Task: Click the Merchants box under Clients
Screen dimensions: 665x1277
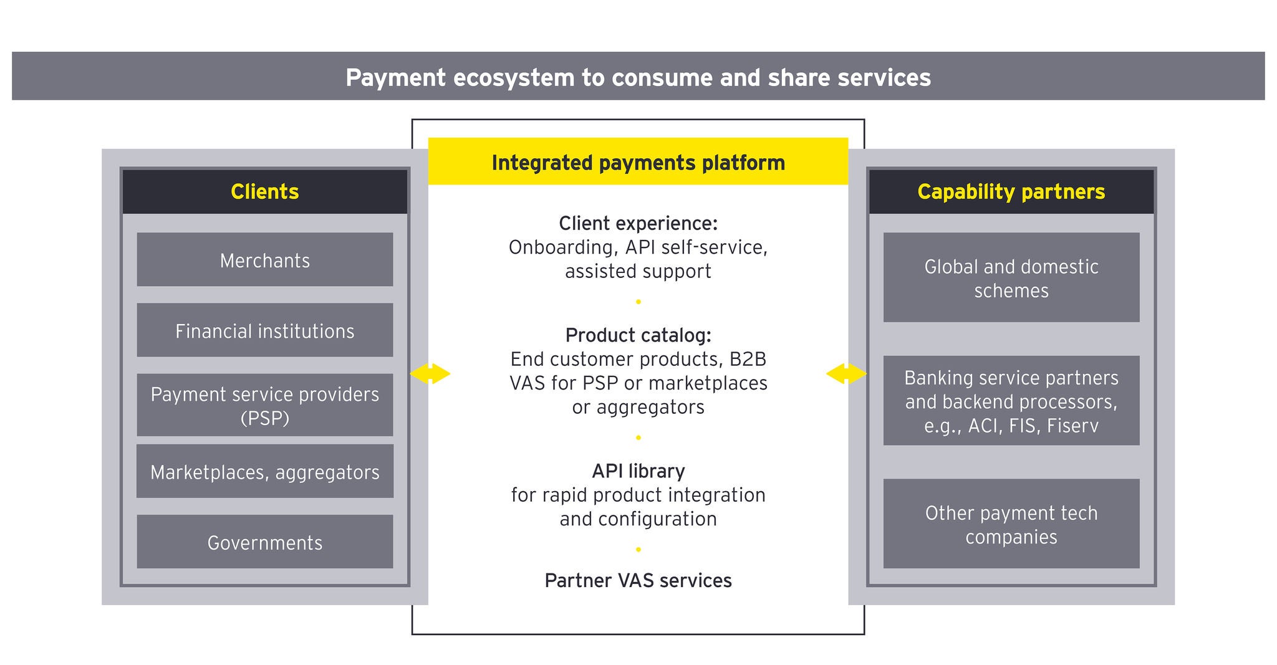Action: point(264,260)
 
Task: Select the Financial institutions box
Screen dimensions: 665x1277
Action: point(264,330)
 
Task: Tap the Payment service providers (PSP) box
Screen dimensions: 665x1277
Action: point(264,405)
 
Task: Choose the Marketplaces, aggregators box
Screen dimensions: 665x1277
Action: point(264,472)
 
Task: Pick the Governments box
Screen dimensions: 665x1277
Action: point(264,542)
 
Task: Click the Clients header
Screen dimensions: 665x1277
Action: point(264,191)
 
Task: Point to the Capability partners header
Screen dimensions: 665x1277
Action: point(1011,191)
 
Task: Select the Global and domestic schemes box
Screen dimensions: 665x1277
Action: point(1011,278)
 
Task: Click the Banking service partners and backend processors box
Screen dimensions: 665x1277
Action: point(1011,401)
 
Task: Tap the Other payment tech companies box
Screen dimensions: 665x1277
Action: point(1011,524)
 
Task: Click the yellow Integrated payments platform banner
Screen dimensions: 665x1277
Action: point(638,162)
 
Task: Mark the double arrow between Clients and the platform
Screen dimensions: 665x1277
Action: point(430,374)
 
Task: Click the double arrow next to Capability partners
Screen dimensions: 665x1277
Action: point(846,374)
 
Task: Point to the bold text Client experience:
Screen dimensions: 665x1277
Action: point(638,223)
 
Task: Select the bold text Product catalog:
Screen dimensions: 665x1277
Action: point(638,335)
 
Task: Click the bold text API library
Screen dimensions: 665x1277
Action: point(638,471)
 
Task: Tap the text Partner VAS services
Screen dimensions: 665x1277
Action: point(638,580)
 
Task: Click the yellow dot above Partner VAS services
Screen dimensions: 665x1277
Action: point(638,550)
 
